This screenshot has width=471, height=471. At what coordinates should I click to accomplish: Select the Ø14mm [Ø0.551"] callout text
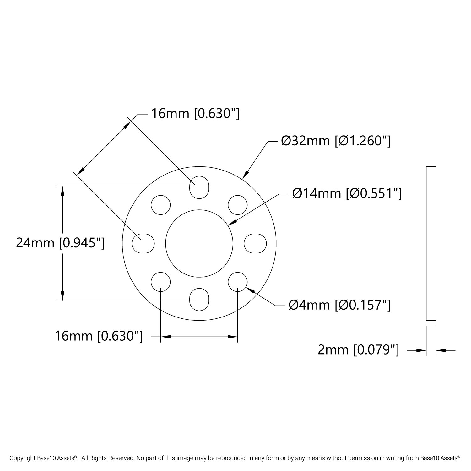(347, 193)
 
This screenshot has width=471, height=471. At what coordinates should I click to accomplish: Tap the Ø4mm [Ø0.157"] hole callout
(340, 305)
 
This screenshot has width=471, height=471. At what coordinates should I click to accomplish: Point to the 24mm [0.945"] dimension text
(60, 243)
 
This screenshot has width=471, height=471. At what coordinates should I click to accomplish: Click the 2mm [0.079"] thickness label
(358, 349)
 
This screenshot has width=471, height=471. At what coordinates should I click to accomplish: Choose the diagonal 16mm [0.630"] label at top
(195, 113)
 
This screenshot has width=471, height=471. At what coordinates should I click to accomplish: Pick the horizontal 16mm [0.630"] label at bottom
(99, 336)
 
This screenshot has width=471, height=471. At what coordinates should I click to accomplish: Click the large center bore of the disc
(199, 243)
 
